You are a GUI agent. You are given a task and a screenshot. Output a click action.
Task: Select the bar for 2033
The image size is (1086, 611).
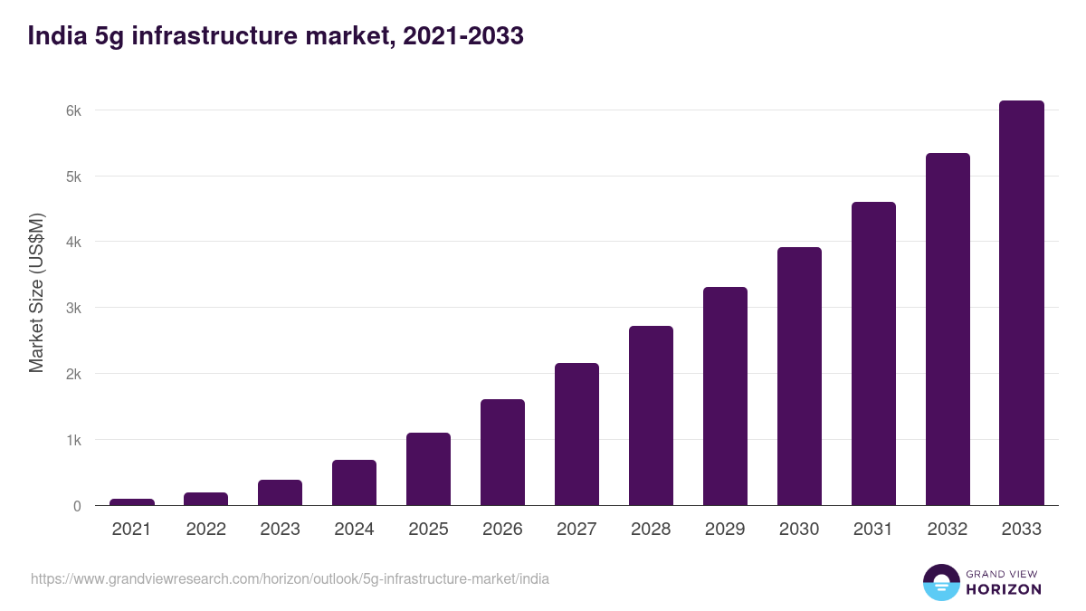click(1022, 303)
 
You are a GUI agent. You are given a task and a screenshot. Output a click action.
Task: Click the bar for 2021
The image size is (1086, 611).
click(132, 502)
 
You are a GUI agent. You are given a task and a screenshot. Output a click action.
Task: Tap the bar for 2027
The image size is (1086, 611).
click(576, 434)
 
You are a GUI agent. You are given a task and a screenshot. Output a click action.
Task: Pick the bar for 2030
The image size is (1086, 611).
click(799, 377)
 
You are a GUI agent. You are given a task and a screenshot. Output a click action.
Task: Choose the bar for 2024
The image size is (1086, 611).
click(354, 482)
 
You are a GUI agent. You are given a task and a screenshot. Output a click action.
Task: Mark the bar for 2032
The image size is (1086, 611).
click(948, 329)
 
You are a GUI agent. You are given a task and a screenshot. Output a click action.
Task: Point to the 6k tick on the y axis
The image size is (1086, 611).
click(73, 110)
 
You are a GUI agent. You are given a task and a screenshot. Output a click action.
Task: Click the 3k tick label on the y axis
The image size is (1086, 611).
click(73, 309)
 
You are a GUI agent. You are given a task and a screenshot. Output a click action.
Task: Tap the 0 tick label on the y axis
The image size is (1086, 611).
click(77, 506)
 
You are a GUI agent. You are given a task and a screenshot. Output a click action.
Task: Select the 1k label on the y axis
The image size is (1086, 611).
click(73, 441)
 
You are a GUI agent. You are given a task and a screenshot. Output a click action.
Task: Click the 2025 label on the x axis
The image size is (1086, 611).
click(428, 530)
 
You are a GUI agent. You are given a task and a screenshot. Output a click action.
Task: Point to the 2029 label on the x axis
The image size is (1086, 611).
click(725, 530)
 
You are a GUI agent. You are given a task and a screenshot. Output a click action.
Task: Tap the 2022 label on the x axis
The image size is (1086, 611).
click(205, 530)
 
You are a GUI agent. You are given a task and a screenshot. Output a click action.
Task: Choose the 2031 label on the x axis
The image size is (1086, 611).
click(873, 530)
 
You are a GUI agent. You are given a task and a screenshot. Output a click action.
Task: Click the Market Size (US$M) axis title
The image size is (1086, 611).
click(36, 293)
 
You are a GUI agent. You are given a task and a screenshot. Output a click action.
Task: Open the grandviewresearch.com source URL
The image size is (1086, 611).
click(290, 578)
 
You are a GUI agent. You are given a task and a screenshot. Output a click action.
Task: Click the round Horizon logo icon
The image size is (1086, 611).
click(940, 582)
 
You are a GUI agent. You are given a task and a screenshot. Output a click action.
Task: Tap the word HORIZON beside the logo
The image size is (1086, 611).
click(1004, 589)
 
